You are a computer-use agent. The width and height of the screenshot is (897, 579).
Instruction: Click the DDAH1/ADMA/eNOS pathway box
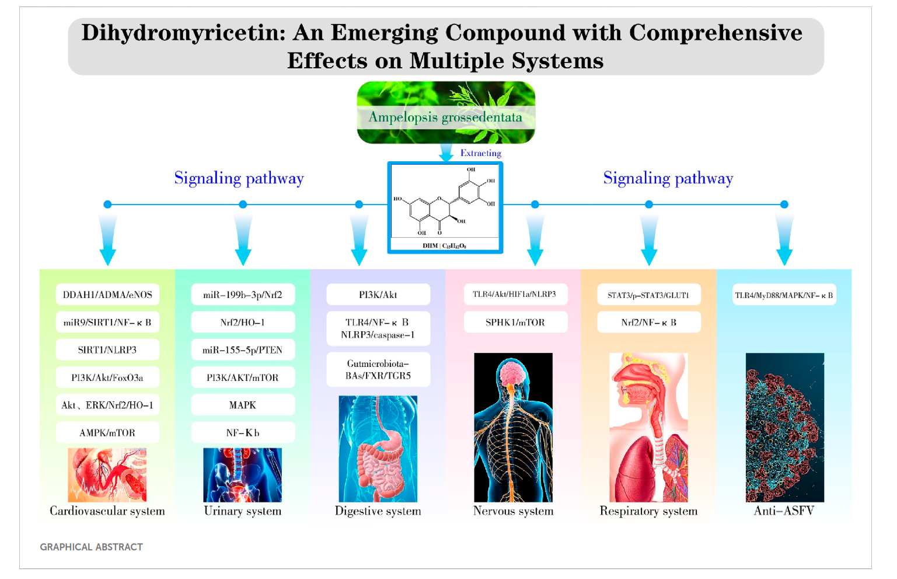click(x=107, y=294)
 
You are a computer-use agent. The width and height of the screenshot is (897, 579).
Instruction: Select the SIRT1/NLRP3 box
click(x=107, y=350)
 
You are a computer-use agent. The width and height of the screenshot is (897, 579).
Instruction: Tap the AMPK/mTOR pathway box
click(x=107, y=433)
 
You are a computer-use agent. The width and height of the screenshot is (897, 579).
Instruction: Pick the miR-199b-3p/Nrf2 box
click(x=243, y=294)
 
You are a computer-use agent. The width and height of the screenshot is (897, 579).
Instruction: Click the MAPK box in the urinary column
click(x=243, y=405)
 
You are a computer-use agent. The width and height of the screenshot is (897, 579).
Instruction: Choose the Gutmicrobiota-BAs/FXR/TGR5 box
click(x=378, y=369)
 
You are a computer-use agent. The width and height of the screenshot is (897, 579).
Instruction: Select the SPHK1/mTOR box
click(x=515, y=322)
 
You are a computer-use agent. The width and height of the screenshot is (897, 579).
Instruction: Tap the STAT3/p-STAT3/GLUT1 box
click(x=648, y=295)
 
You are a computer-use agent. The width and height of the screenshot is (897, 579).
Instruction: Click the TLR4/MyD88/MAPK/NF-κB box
click(x=784, y=295)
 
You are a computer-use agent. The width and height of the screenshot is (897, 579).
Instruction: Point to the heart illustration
click(x=107, y=475)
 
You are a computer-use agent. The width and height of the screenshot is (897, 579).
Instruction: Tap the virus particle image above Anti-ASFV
click(x=784, y=427)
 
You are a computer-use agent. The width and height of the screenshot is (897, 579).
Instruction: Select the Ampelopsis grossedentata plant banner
click(x=446, y=112)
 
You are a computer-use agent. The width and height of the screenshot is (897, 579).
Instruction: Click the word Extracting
click(x=480, y=153)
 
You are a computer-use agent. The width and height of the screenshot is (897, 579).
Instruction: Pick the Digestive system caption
click(x=378, y=511)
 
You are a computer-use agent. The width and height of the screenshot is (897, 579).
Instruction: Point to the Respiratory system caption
click(x=648, y=511)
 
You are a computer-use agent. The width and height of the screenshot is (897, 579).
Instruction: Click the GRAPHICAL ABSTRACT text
click(x=92, y=547)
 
